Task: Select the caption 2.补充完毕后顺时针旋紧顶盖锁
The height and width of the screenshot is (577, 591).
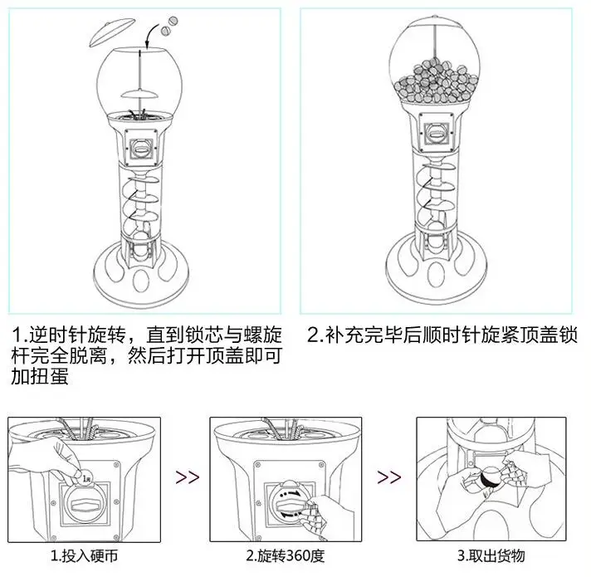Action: (441, 336)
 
